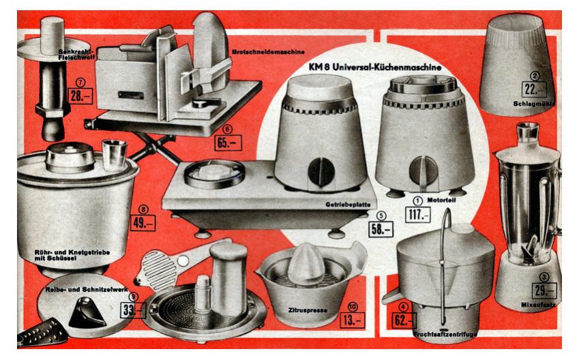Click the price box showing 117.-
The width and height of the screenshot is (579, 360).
(x=417, y=214)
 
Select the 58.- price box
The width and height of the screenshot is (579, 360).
(x=381, y=229)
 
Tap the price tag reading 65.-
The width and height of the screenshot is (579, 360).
(x=228, y=142)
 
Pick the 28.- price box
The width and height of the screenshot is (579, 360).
(x=80, y=96)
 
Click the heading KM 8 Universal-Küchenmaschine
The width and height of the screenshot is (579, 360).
(x=375, y=67)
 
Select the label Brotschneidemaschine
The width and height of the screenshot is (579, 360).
(x=268, y=52)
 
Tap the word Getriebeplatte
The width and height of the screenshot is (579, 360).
(x=348, y=204)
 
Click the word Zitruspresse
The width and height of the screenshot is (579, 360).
(x=308, y=310)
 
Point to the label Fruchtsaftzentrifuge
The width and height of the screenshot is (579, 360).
(x=445, y=335)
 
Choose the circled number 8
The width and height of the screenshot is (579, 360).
(x=143, y=210)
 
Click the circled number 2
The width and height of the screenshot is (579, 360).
(x=534, y=76)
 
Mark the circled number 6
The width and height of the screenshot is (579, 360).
(x=228, y=130)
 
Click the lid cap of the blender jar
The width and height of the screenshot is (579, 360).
(x=528, y=132)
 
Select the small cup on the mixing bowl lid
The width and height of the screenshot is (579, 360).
(x=115, y=155)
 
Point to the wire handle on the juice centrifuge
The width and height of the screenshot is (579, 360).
(x=443, y=266)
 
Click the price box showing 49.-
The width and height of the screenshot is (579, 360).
(x=143, y=223)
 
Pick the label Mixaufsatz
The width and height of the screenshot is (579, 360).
(x=538, y=305)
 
